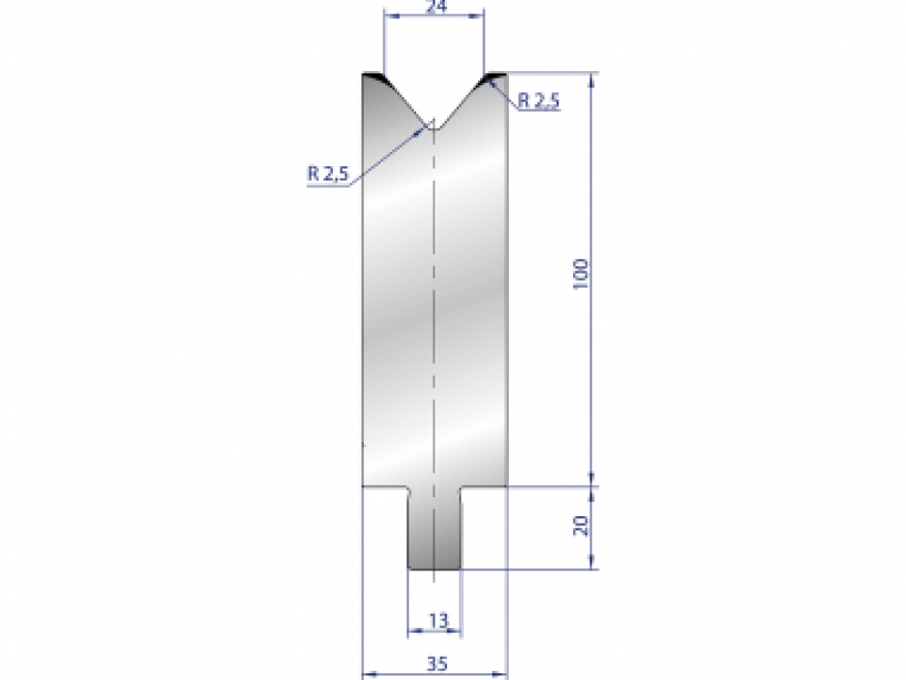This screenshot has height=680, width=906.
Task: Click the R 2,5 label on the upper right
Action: [x=539, y=101]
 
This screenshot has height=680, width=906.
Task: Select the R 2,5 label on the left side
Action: [x=327, y=175]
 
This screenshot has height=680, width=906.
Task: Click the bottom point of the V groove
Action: [x=434, y=128]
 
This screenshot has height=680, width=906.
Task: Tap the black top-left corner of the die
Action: [x=372, y=76]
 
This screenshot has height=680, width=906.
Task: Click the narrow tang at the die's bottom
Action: [x=434, y=529]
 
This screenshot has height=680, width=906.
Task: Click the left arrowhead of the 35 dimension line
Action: [x=367, y=673]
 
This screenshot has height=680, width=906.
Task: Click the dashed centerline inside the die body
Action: [x=434, y=302]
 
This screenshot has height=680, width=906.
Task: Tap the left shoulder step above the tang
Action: [x=386, y=487]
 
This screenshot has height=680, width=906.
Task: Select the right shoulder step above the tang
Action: [x=483, y=487]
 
